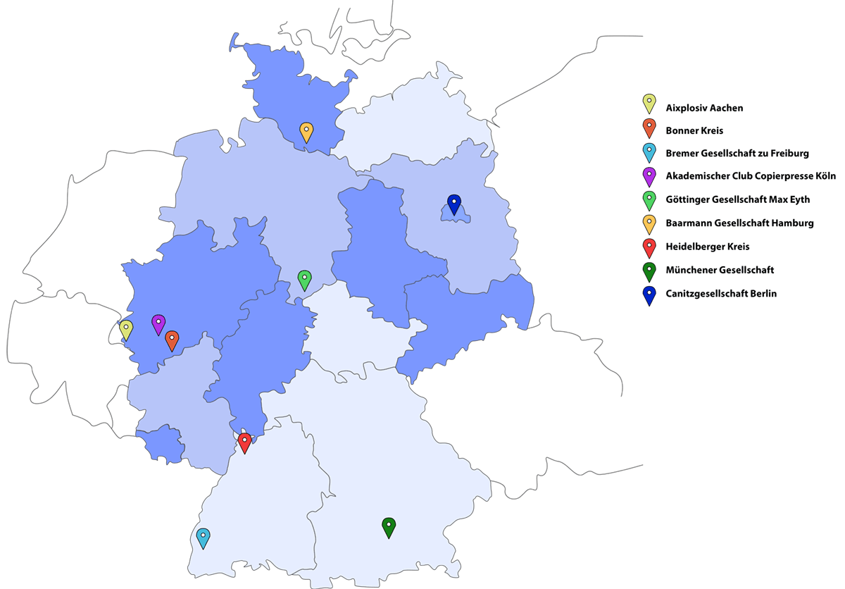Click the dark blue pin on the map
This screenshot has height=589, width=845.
pyautogui.click(x=454, y=204)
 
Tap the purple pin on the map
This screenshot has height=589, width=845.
pyautogui.click(x=158, y=324)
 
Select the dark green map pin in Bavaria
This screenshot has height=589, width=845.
pyautogui.click(x=389, y=527)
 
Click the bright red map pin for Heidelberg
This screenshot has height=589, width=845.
pyautogui.click(x=244, y=442)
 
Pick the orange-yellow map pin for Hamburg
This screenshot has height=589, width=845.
pyautogui.click(x=306, y=132)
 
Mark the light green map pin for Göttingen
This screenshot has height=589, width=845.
pyautogui.click(x=304, y=280)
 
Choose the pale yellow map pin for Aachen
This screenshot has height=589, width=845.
pyautogui.click(x=126, y=330)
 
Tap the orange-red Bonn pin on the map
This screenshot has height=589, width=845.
pyautogui.click(x=172, y=340)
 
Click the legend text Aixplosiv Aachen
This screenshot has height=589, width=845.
pyautogui.click(x=704, y=108)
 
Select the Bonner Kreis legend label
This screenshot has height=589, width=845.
pyautogui.click(x=694, y=131)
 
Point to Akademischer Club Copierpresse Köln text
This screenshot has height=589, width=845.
pyautogui.click(x=751, y=177)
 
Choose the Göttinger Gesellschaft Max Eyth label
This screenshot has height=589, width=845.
pyautogui.click(x=737, y=199)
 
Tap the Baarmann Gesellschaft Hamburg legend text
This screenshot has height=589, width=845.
pyautogui.click(x=739, y=223)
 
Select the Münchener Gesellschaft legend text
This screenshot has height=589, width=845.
pyautogui.click(x=720, y=270)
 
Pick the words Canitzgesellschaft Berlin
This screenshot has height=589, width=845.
pyautogui.click(x=721, y=293)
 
